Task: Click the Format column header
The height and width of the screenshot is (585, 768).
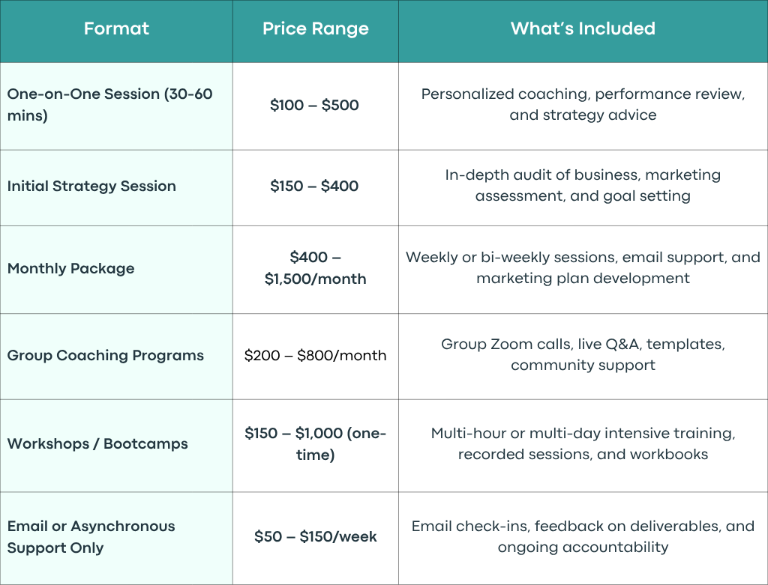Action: [116, 28]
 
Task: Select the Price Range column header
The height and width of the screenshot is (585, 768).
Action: [316, 29]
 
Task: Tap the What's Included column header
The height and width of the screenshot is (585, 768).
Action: [583, 28]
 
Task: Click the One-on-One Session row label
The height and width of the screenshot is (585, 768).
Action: [109, 104]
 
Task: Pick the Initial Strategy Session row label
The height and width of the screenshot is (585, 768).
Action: [91, 186]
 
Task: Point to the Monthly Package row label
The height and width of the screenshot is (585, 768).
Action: [71, 269]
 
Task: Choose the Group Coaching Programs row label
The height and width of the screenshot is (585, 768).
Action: [105, 355]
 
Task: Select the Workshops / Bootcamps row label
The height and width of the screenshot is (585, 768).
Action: [97, 443]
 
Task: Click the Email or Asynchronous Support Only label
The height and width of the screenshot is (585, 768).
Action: [91, 536]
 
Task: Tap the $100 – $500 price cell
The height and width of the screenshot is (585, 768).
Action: [314, 105]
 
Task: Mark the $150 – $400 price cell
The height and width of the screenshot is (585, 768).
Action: [314, 186]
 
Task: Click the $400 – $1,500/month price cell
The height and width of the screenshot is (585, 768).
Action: [316, 268]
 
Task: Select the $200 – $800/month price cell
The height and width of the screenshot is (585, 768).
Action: [316, 355]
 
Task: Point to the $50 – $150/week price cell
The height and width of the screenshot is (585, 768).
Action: [316, 536]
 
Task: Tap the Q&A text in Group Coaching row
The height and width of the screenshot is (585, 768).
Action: [622, 345]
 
